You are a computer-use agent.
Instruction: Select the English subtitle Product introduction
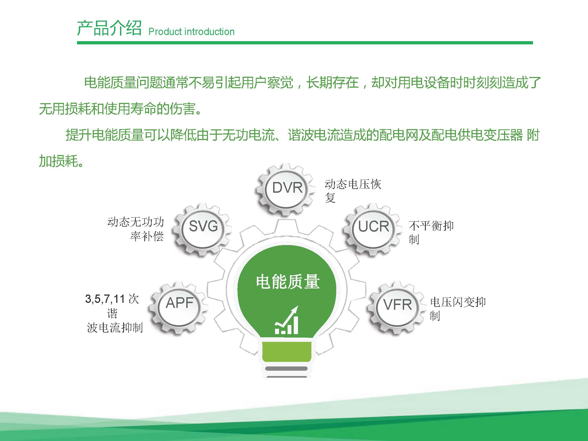click(191, 32)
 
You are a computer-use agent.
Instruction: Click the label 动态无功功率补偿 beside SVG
click(136, 229)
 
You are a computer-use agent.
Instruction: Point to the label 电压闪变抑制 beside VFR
click(458, 309)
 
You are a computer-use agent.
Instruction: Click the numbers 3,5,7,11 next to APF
click(105, 299)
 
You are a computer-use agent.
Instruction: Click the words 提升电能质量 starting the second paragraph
click(105, 135)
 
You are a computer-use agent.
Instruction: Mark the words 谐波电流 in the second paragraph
click(314, 135)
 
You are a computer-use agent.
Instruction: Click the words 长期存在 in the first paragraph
click(332, 82)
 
